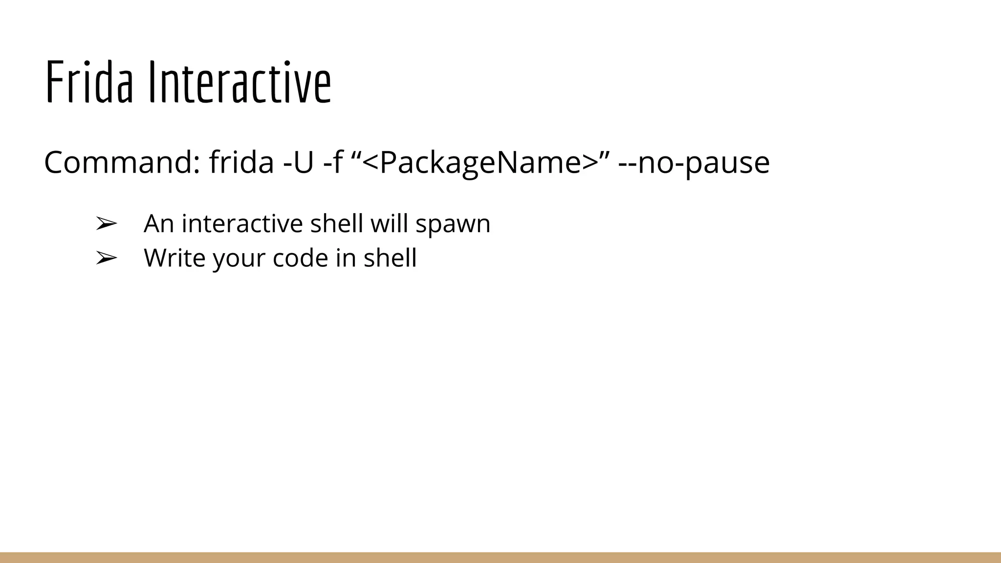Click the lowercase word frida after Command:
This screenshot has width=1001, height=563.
pyautogui.click(x=241, y=162)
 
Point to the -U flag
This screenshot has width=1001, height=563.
pyautogui.click(x=298, y=162)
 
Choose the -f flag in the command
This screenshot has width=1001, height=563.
pyautogui.click(x=332, y=162)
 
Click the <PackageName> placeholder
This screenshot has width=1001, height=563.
pyautogui.click(x=481, y=162)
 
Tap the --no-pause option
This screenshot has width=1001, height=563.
pyautogui.click(x=694, y=162)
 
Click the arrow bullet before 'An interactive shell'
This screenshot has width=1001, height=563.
pyautogui.click(x=106, y=224)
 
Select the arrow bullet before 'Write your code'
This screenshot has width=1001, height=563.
pyautogui.click(x=106, y=258)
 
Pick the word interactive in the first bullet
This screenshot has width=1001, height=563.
pyautogui.click(x=242, y=224)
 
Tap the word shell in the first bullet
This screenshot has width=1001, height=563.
pyautogui.click(x=336, y=224)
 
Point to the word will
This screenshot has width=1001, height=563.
pyautogui.click(x=389, y=224)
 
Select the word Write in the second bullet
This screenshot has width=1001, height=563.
pyautogui.click(x=174, y=258)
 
